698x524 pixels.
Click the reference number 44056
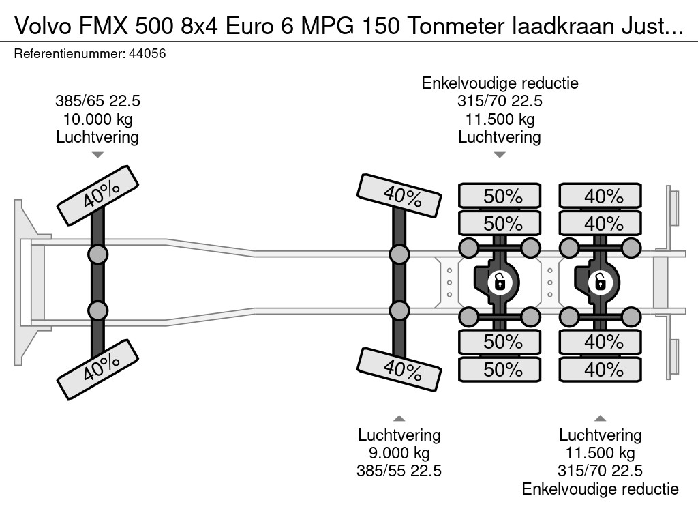click(x=147, y=54)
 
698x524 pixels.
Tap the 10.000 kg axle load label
click(x=97, y=119)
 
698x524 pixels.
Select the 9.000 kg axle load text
click(x=399, y=453)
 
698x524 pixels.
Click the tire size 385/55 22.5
click(x=399, y=471)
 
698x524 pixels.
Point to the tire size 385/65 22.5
click(x=97, y=102)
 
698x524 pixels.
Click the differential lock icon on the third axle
click(x=499, y=280)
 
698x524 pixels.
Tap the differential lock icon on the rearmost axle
click(x=600, y=280)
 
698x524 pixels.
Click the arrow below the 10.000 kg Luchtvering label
click(x=97, y=155)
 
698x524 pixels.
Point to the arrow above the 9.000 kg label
click(x=399, y=418)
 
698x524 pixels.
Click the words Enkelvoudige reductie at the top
click(x=500, y=83)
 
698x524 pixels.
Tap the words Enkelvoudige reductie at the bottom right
click(x=600, y=489)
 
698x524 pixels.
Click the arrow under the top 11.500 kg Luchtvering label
click(x=500, y=155)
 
